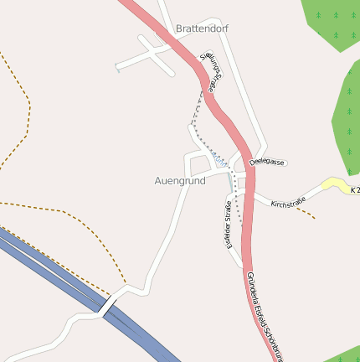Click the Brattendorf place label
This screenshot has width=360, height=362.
(202, 28)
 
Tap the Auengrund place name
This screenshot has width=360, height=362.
(180, 180)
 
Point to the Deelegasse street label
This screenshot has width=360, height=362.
(267, 162)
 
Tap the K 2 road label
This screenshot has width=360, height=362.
(355, 190)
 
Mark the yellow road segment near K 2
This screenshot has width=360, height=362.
(335, 184)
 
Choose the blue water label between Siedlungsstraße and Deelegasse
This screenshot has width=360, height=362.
(217, 156)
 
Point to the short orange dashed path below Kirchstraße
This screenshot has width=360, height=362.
(305, 212)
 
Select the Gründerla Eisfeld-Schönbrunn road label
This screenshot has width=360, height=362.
(261, 315)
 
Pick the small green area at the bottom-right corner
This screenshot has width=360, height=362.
(343, 354)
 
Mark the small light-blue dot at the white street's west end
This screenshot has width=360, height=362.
(117, 70)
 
